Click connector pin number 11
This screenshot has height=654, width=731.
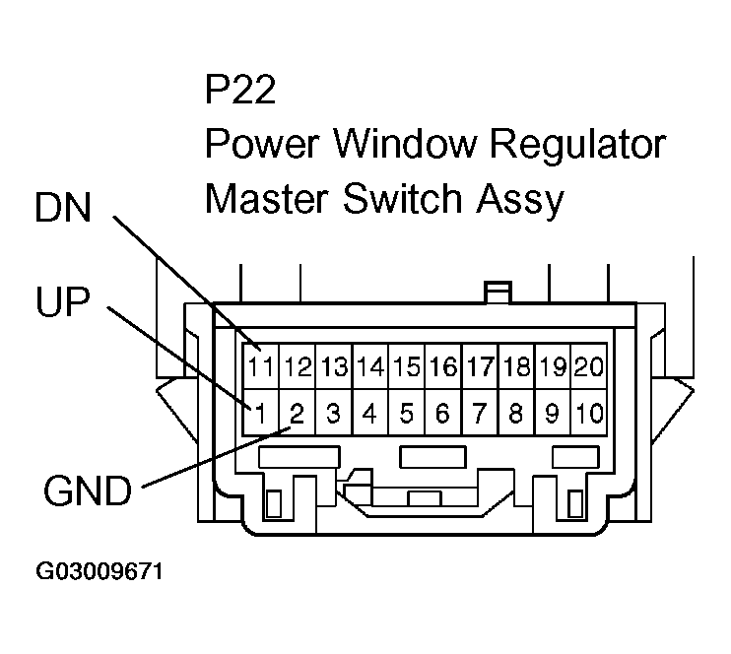click(x=261, y=367)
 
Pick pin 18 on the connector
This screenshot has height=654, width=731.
click(x=515, y=367)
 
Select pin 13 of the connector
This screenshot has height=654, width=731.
click(x=334, y=367)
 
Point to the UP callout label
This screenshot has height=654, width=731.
click(x=59, y=303)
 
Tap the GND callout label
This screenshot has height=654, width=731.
click(x=88, y=490)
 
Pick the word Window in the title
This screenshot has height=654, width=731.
click(x=407, y=145)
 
